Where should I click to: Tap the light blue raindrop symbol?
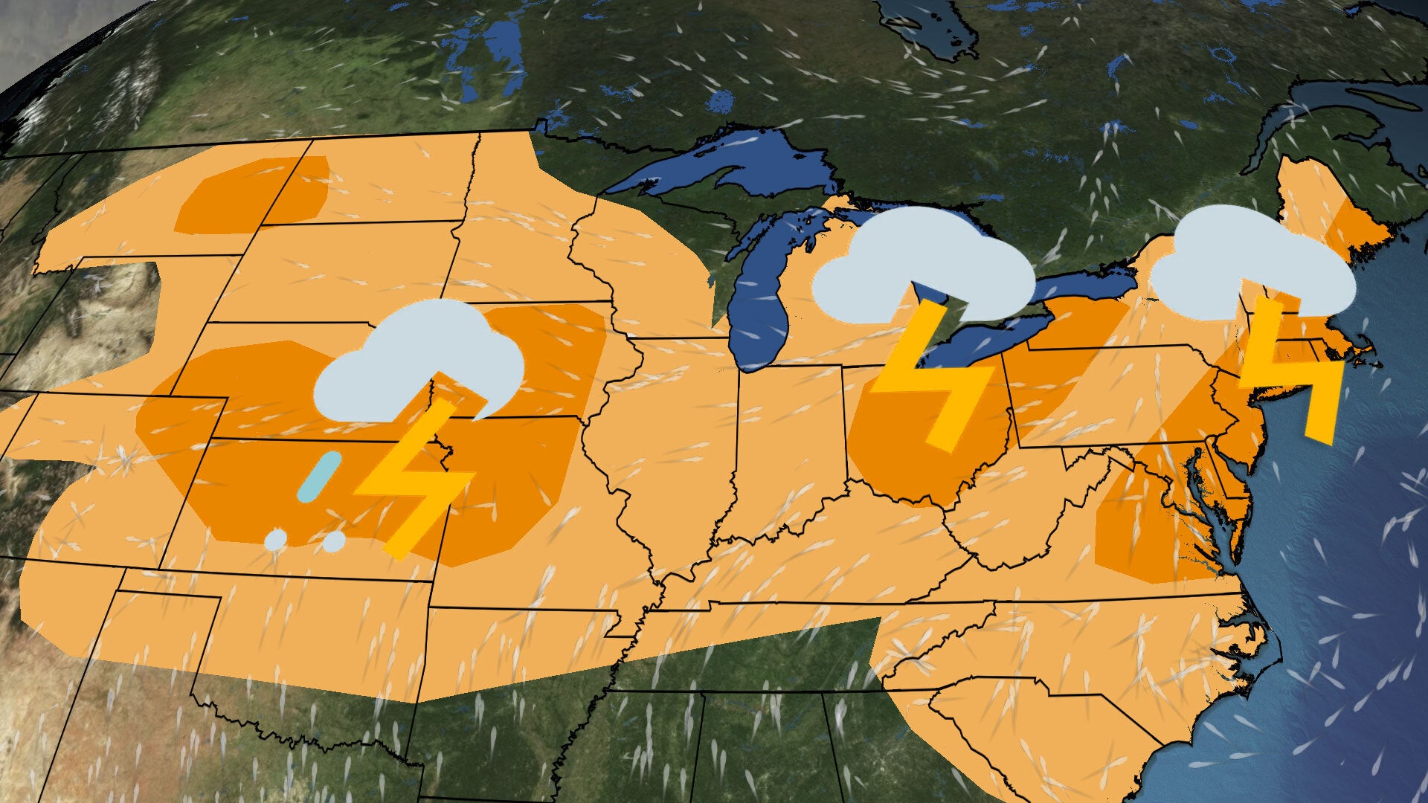click(320, 476)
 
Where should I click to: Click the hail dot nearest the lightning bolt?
click(334, 541)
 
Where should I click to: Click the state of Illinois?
click(669, 446)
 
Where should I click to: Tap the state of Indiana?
click(788, 439)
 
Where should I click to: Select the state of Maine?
click(1316, 201)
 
